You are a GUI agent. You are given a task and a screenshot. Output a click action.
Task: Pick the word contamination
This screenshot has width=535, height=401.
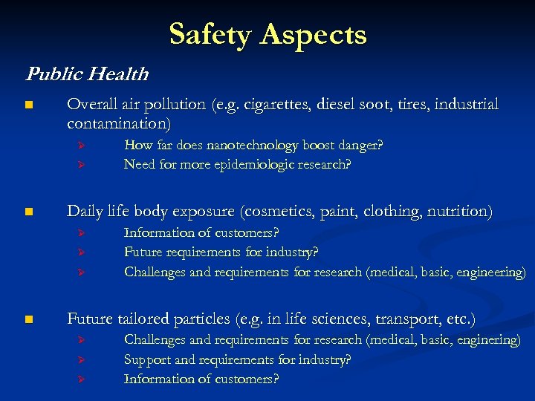117,123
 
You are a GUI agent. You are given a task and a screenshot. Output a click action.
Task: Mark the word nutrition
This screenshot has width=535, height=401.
459,212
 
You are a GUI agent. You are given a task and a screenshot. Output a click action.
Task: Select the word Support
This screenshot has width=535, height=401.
147,359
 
